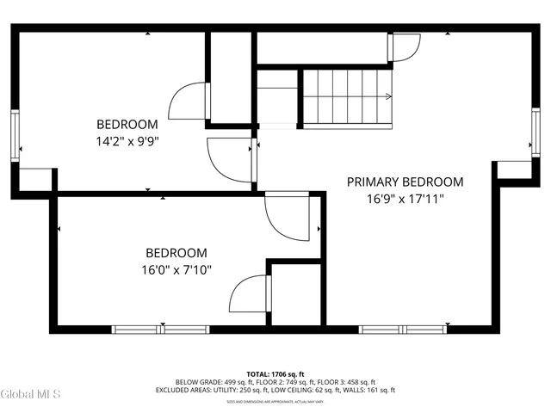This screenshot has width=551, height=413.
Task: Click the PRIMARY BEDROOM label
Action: click(405, 182)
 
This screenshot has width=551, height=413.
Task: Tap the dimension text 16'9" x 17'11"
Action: click(405, 199)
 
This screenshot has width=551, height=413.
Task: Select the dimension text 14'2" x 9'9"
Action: click(127, 139)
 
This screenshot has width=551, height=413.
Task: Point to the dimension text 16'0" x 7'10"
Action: click(176, 269)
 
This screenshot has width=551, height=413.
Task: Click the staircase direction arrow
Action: click(388, 96)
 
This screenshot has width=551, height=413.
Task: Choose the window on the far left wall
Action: click(15, 135)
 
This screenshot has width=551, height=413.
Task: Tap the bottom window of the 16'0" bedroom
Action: click(161, 329)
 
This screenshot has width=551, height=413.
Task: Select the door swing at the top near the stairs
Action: click(406, 47)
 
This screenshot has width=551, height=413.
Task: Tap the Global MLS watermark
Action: click(31, 394)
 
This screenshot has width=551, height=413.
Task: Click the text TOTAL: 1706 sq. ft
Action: click(275, 374)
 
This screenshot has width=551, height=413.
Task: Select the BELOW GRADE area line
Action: click(275, 382)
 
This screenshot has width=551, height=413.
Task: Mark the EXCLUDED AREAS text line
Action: click(275, 390)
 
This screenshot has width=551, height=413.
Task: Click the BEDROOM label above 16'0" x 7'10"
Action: click(176, 253)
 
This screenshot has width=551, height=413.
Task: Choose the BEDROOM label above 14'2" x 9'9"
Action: click(127, 123)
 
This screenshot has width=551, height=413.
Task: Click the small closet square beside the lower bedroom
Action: click(295, 293)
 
